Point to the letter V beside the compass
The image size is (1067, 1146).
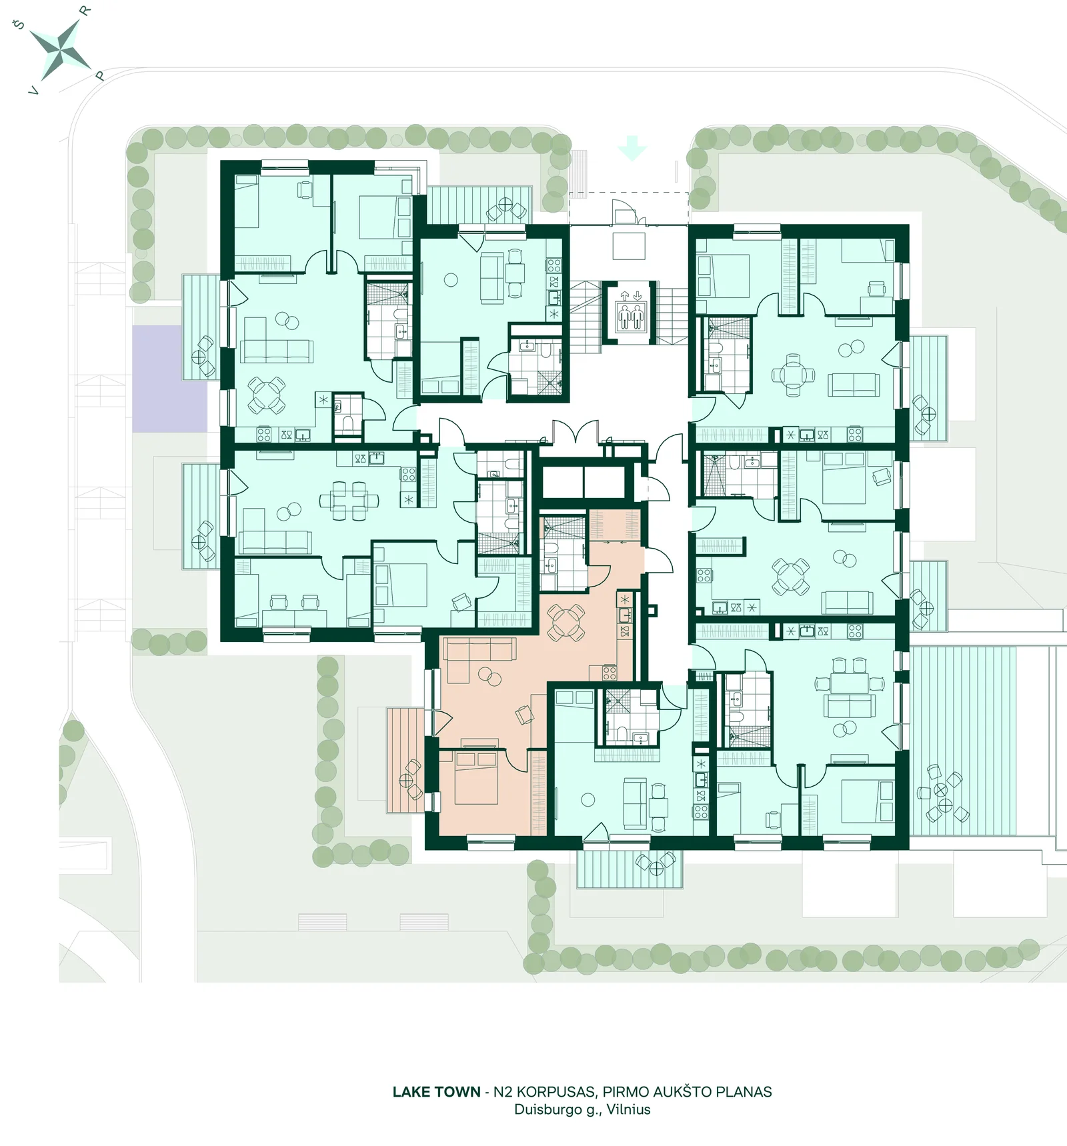pyautogui.click(x=34, y=91)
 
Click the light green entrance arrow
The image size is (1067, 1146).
pyautogui.click(x=632, y=148)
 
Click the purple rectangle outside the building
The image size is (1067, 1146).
pyautogui.click(x=167, y=378)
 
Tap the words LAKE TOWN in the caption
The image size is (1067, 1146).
pyautogui.click(x=436, y=1092)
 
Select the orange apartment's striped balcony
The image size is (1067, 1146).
pyautogui.click(x=405, y=760)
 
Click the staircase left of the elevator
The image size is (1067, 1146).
pyautogui.click(x=585, y=317)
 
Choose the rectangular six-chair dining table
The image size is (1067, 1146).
pyautogui.click(x=349, y=500)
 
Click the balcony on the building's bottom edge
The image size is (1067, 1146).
pyautogui.click(x=630, y=869)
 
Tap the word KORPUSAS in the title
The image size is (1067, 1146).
pyautogui.click(x=555, y=1092)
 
